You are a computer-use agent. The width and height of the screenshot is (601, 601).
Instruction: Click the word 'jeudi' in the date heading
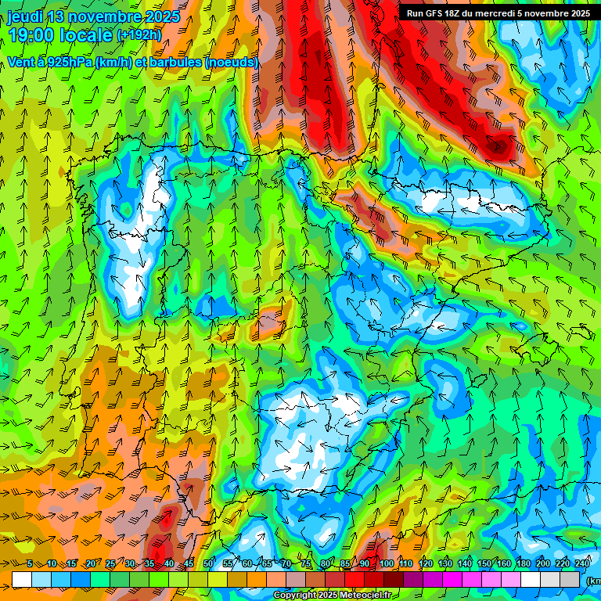(x=26, y=16)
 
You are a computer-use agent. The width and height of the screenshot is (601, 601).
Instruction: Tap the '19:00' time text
(x=31, y=35)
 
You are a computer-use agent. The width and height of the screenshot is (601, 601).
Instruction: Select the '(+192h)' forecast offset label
(x=139, y=34)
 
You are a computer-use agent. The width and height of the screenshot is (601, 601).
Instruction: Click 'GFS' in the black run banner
(x=435, y=13)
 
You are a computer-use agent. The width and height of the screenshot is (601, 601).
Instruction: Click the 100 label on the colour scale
(x=386, y=563)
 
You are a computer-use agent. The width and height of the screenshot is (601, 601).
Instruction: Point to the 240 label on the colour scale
(x=582, y=563)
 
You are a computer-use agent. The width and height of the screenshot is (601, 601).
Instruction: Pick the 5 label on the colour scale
(x=30, y=563)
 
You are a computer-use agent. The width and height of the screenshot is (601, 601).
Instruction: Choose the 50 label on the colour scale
(x=208, y=563)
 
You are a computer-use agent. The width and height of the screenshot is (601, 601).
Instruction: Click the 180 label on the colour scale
(x=524, y=563)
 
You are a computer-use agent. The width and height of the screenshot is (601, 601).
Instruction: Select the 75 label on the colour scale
(x=306, y=563)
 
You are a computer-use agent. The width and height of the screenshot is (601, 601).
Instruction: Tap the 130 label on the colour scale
(x=445, y=563)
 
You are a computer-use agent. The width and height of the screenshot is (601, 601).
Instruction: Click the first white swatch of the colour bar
(x=22, y=579)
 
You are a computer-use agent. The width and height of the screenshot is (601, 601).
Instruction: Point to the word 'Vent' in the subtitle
(x=21, y=62)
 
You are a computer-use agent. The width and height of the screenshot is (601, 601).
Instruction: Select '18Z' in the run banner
(x=456, y=13)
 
